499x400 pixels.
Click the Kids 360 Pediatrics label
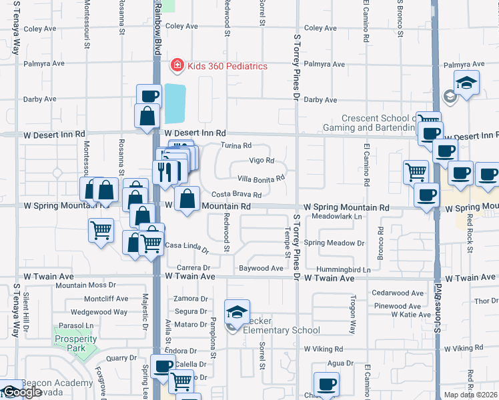(227, 66)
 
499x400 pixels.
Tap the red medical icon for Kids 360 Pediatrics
(177, 65)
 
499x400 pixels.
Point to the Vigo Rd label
(262, 161)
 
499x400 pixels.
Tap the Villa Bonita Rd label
(262, 178)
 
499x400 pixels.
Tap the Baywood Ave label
(262, 269)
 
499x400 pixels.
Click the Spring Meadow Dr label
(334, 243)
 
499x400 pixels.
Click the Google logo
(21, 392)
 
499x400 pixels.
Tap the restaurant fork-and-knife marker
(166, 173)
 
